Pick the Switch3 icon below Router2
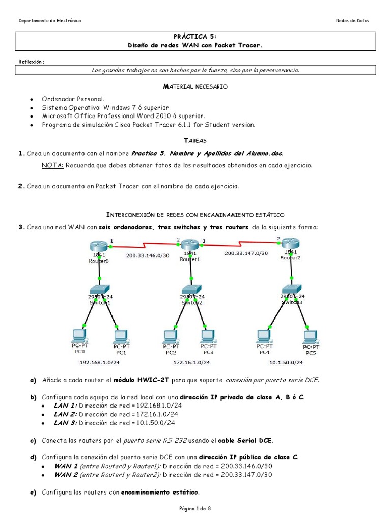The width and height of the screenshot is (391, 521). (292, 291)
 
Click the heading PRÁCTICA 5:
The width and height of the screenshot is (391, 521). (195, 37)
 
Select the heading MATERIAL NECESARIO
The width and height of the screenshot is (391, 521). (195, 87)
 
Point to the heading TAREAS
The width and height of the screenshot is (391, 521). (195, 140)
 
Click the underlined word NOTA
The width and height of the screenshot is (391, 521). (52, 165)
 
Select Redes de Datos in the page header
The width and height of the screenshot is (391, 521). (352, 21)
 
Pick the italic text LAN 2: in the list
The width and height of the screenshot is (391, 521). (65, 415)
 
